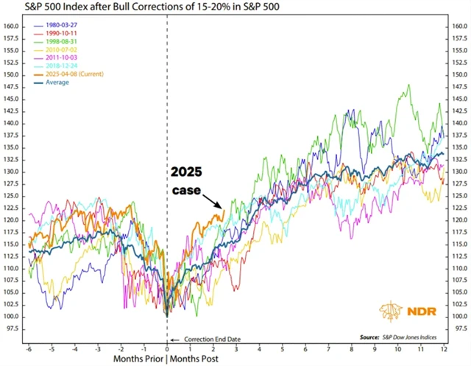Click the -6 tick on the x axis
coord(28,347)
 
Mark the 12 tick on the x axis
coord(442,347)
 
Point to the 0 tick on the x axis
coord(167,347)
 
